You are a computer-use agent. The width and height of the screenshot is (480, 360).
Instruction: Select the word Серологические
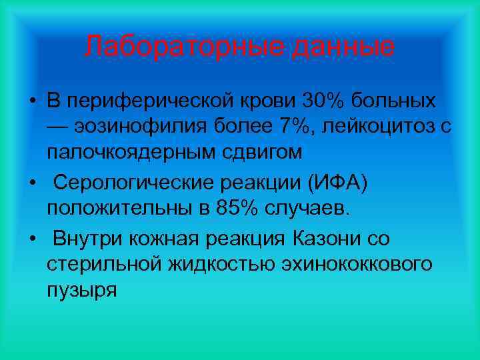click(135, 182)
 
